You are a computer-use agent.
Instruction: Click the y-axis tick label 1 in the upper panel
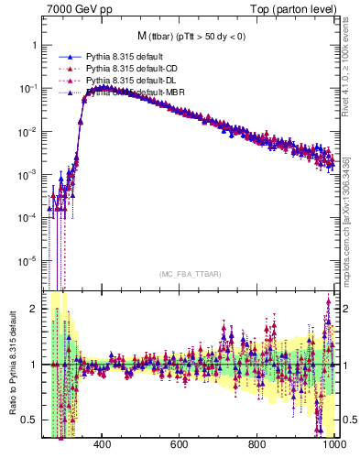[x=33, y=45]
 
